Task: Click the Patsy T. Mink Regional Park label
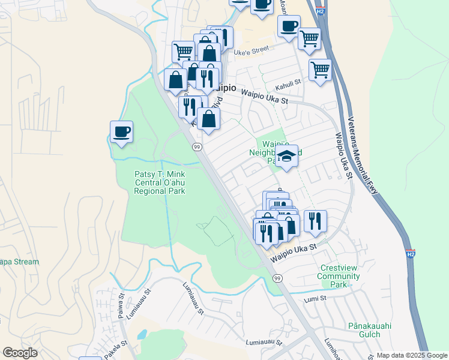[160, 182]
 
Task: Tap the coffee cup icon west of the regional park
[121, 131]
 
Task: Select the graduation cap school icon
[288, 157]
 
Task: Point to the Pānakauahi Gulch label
[370, 330]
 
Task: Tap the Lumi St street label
[315, 298]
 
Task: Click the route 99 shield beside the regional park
[196, 147]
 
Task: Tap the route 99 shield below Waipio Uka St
[277, 278]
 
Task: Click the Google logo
[20, 353]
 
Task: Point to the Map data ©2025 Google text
[411, 355]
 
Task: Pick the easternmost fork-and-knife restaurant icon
[315, 220]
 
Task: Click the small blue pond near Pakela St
[142, 334]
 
